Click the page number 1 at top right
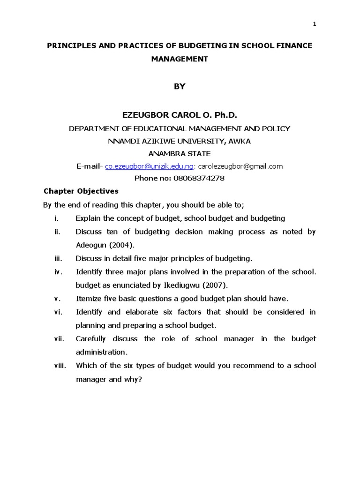coord(315,25)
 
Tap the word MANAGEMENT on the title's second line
coord(180,59)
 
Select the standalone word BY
coord(180,86)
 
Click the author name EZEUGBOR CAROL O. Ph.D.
coord(180,114)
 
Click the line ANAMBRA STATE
coord(180,154)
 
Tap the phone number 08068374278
coord(199,178)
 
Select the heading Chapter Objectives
coord(81,191)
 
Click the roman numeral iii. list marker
coord(58,258)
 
